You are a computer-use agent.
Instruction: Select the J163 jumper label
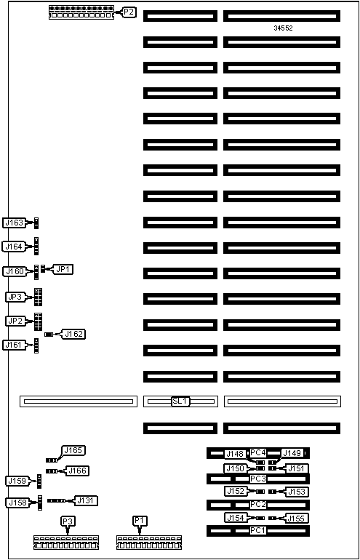click(x=14, y=223)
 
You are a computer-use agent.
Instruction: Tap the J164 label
click(x=14, y=247)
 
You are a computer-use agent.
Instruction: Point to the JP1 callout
click(x=63, y=270)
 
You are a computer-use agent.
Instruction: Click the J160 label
click(x=14, y=271)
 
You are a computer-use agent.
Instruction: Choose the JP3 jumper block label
click(x=15, y=297)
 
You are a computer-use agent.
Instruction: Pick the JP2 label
click(x=15, y=321)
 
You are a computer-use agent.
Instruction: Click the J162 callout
click(x=74, y=335)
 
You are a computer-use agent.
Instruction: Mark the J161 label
click(x=14, y=345)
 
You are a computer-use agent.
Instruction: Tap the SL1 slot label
click(x=180, y=401)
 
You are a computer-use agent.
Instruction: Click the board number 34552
click(x=283, y=28)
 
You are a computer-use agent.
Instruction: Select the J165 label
click(x=74, y=450)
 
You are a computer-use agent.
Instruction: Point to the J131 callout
click(x=86, y=500)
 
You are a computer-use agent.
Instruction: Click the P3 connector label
click(x=67, y=521)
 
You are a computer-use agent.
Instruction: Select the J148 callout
click(x=236, y=455)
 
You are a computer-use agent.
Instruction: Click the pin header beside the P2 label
click(x=81, y=12)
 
